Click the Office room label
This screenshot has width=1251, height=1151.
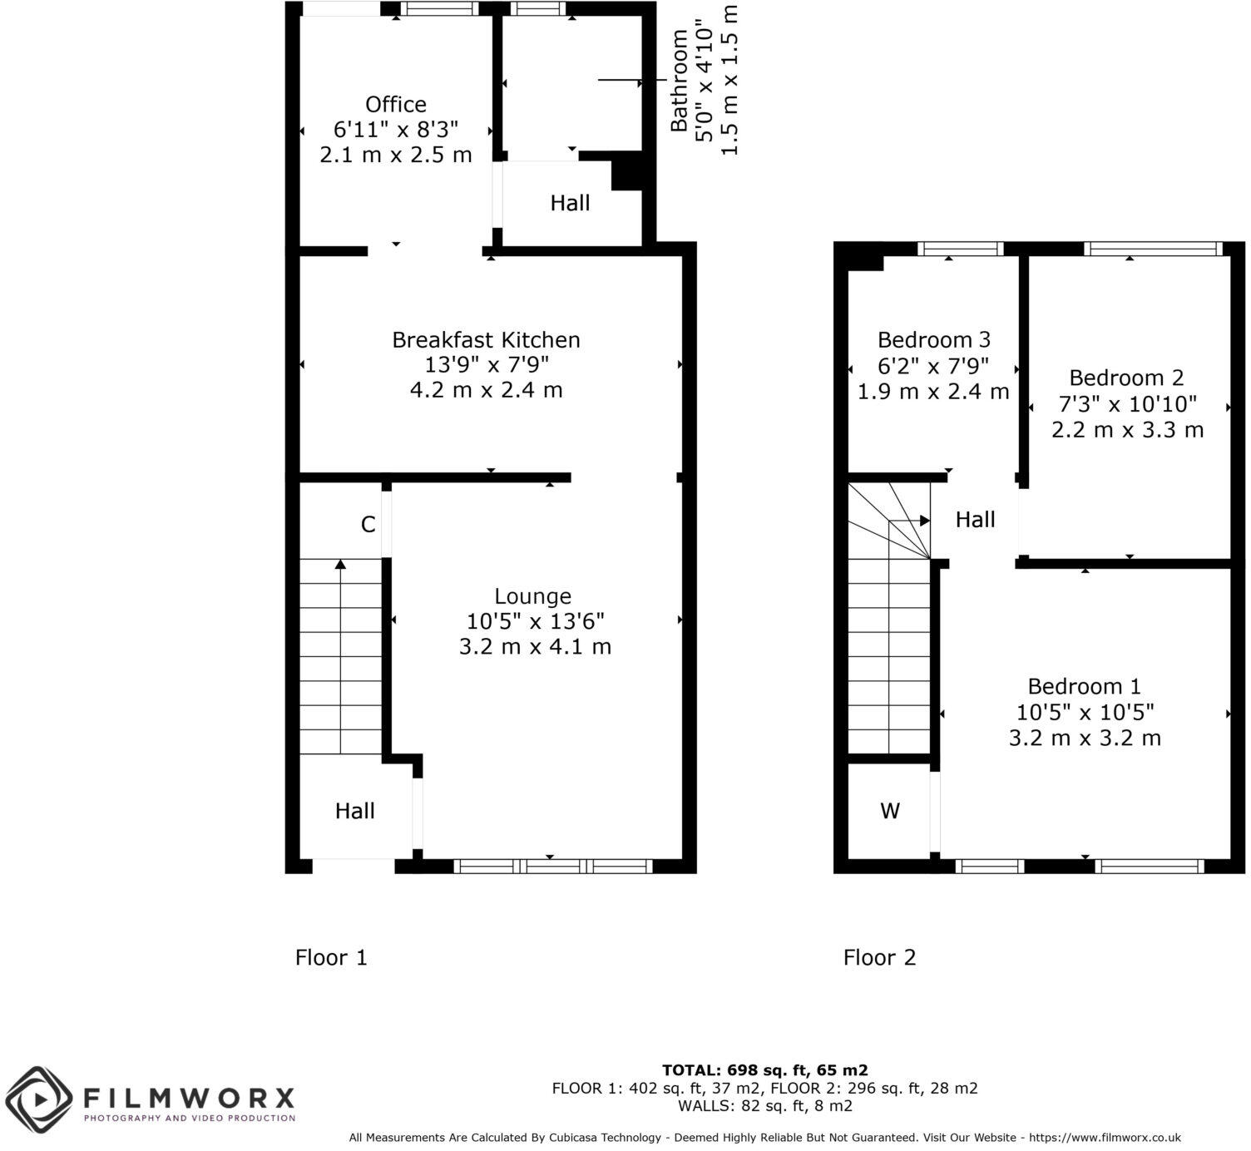click(395, 105)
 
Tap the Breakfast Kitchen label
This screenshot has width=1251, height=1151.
click(486, 340)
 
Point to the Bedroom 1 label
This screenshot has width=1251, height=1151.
click(1084, 687)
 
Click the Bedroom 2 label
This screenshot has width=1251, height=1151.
click(1126, 378)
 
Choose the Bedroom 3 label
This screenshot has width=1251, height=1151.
click(933, 340)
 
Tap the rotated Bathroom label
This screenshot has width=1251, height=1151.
click(680, 81)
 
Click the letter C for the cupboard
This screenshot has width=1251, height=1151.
click(368, 525)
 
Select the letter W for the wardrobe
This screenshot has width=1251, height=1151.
click(889, 811)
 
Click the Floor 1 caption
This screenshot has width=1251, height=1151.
click(331, 958)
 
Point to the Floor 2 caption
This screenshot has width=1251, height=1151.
click(879, 958)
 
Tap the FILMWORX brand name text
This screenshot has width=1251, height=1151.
click(189, 1097)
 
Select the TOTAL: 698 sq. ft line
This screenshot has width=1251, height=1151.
click(764, 1070)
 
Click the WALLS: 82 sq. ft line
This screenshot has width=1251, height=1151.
click(764, 1106)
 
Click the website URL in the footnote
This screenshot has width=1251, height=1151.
click(1105, 1138)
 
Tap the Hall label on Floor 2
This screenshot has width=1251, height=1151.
click(975, 520)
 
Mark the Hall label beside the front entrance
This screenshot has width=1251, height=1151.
click(354, 811)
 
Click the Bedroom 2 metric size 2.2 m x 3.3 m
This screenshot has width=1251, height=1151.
click(1127, 430)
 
